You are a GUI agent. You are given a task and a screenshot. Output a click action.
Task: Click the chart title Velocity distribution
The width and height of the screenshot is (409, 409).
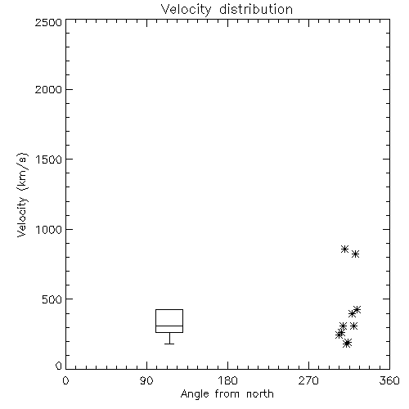[x=227, y=9]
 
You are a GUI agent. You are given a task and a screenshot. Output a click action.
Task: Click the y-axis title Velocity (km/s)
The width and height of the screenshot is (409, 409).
[x=22, y=195]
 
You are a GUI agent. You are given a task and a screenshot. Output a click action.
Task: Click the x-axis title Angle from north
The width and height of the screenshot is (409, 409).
[x=227, y=394]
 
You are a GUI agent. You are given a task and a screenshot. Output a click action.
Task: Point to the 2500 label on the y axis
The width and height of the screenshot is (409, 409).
[x=48, y=22]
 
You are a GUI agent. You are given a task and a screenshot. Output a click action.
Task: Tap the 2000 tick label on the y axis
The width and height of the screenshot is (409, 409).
[x=48, y=89]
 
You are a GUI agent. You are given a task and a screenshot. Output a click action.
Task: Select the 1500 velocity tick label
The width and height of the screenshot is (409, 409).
[x=49, y=160]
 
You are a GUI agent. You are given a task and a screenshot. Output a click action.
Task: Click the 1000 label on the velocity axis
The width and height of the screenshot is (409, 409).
[x=49, y=229]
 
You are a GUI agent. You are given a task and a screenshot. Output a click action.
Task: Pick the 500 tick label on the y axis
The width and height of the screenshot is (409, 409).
[x=52, y=299]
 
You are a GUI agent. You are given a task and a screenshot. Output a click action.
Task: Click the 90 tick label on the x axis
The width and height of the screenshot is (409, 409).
[x=146, y=380]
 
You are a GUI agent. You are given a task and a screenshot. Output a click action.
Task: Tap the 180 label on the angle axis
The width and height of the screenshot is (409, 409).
[x=227, y=380]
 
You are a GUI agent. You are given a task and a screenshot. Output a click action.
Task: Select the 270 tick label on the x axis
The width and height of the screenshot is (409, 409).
[x=308, y=380]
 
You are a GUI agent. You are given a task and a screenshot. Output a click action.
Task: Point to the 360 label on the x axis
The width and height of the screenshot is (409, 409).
[x=389, y=380]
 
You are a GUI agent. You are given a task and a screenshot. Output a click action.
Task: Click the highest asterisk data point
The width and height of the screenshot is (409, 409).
[x=345, y=249]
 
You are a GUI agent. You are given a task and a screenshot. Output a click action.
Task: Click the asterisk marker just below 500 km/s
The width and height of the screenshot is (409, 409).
[x=357, y=310]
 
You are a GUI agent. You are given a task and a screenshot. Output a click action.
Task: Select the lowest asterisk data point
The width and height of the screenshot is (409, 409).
[x=348, y=344]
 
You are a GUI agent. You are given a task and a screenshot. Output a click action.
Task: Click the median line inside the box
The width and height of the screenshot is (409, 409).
[x=169, y=326]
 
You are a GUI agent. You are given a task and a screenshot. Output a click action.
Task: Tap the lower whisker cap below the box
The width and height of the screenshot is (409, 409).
[x=169, y=344]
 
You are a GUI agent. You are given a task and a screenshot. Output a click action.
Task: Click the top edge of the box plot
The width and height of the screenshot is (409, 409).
[x=169, y=309]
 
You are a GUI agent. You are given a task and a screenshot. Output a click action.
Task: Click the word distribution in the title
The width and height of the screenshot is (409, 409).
[x=256, y=9]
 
